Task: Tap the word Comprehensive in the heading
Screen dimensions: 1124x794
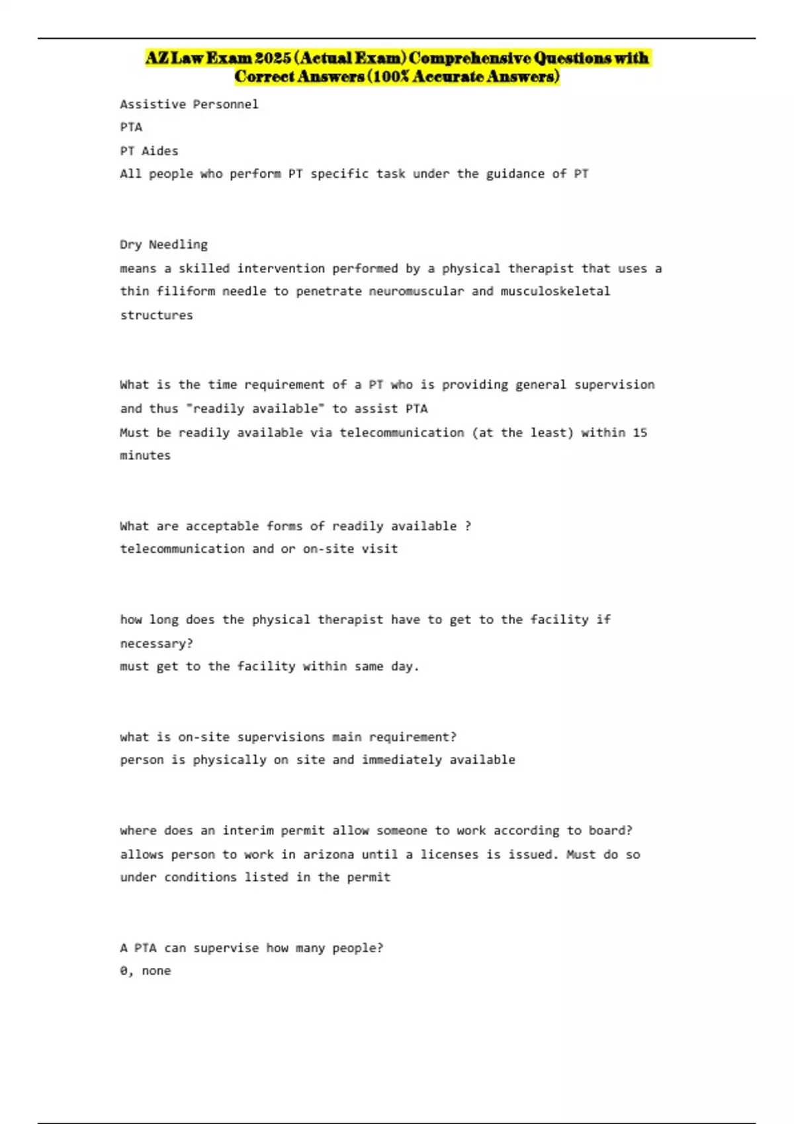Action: click(469, 58)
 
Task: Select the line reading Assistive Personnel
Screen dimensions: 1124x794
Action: click(189, 104)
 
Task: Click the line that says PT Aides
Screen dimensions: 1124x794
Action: click(149, 151)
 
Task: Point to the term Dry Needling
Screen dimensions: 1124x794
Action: click(163, 245)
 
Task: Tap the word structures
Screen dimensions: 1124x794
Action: click(156, 315)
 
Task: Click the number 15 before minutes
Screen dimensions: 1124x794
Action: click(640, 432)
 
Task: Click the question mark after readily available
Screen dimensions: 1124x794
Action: click(468, 526)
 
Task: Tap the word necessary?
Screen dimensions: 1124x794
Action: click(156, 643)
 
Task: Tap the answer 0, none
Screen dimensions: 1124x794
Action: click(145, 971)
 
